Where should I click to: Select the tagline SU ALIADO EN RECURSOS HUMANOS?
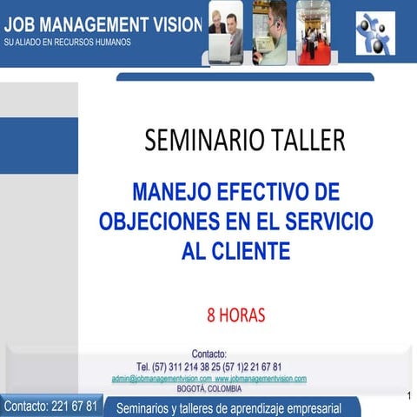[x=68, y=42]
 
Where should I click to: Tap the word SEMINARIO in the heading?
[x=197, y=140]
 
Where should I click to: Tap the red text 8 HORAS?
[x=235, y=314]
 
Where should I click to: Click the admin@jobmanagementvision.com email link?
[x=162, y=379]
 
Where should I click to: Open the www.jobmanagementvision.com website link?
[x=261, y=379]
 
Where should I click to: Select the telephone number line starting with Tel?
[x=208, y=367]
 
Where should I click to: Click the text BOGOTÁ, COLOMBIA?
[x=208, y=388]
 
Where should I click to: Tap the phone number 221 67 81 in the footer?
[x=75, y=406]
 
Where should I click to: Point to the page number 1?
[x=408, y=396]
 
